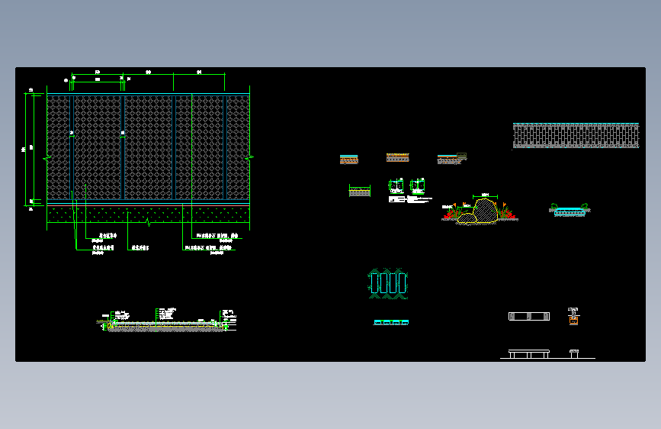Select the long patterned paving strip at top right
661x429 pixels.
[x=576, y=135]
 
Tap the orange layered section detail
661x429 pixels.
[x=348, y=160]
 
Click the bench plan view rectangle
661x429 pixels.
[x=528, y=316]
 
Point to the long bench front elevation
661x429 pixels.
[x=528, y=354]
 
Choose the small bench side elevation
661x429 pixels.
[x=574, y=353]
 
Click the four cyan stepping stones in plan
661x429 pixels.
[x=388, y=283]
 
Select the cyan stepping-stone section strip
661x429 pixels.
[x=391, y=323]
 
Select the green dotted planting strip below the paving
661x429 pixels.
[x=149, y=214]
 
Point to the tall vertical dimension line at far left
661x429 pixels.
[x=34, y=149]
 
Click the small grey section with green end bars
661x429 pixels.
[x=359, y=191]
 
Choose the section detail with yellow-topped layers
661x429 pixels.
[x=398, y=158]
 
